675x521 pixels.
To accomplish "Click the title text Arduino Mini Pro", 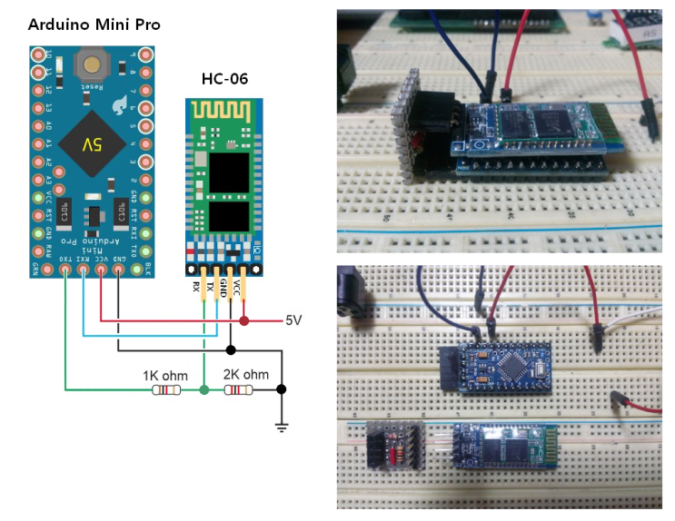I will (94, 25).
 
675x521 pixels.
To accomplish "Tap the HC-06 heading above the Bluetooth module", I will (223, 80).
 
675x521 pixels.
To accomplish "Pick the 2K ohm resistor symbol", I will (239, 390).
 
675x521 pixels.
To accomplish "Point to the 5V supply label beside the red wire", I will (293, 320).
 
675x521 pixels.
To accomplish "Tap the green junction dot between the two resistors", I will (203, 390).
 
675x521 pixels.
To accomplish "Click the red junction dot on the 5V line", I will (244, 320).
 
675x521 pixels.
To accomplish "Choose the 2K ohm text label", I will (246, 374).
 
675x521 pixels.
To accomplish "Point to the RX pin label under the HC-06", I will (195, 287).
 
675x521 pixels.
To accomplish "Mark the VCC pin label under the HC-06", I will (238, 287).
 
